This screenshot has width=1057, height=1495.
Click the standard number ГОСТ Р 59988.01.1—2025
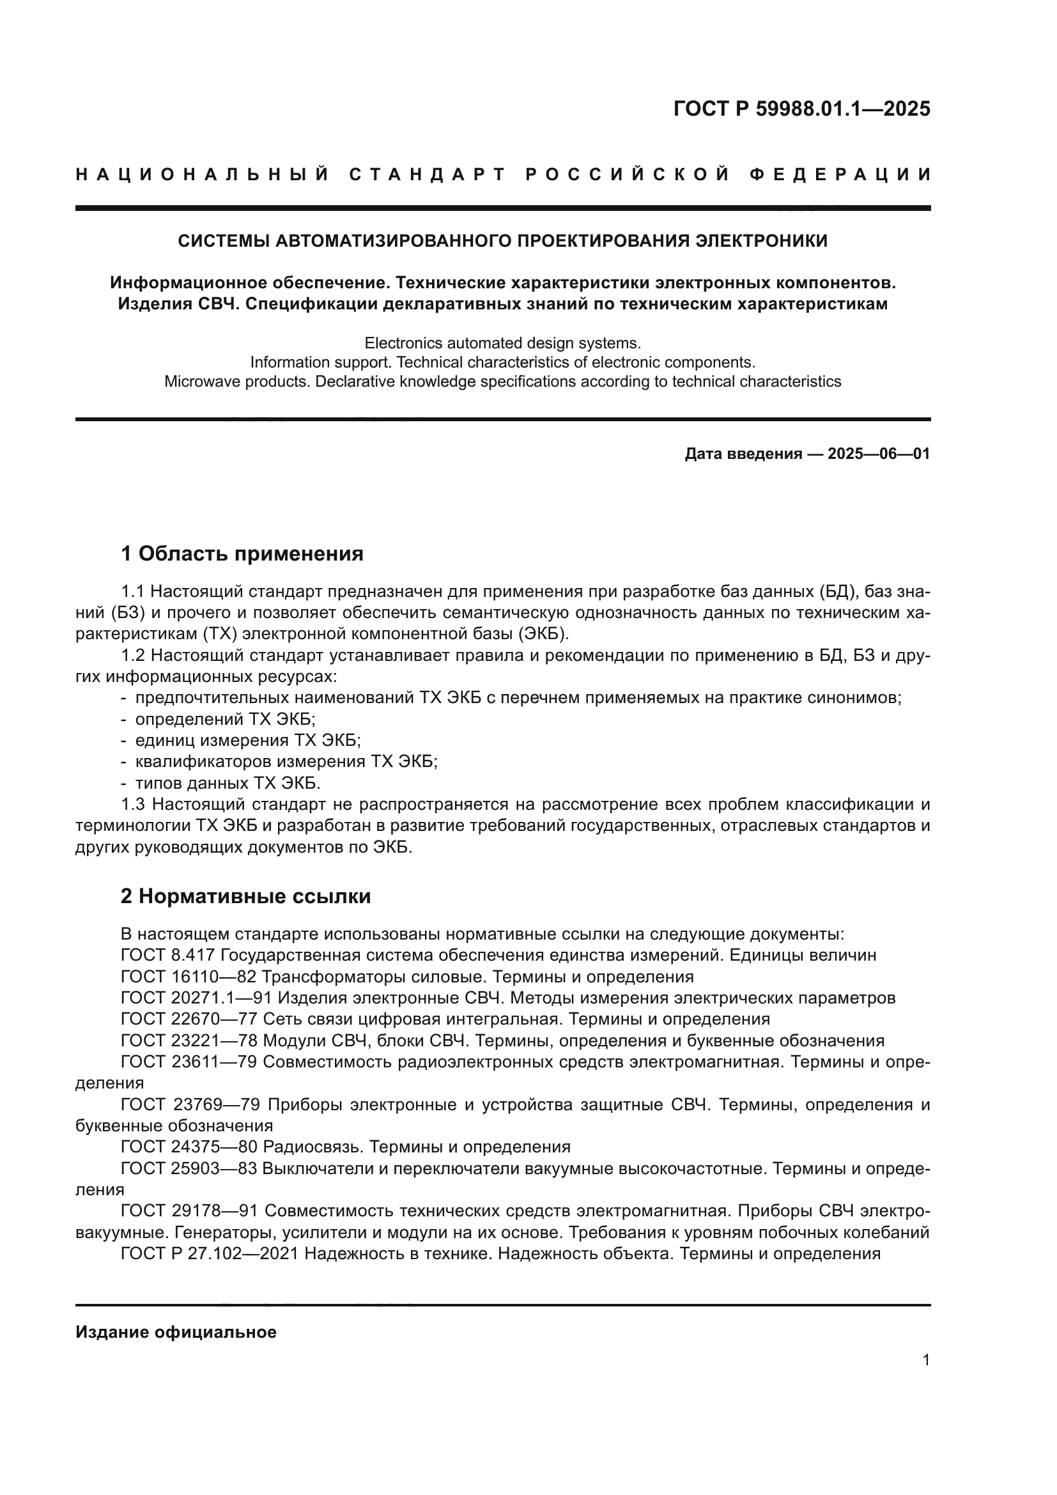801,109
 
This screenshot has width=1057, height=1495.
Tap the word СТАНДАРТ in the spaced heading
428,174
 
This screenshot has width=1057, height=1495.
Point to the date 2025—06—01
879,454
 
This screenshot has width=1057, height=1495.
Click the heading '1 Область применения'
242,554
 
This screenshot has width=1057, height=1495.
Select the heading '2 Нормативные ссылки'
245,897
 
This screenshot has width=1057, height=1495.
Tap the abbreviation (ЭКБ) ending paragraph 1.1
545,633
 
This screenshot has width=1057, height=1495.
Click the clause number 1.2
134,655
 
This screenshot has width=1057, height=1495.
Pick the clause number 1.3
134,805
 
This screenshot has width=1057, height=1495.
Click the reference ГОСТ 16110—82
189,977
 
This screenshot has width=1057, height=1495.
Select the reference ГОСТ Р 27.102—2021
210,1253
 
